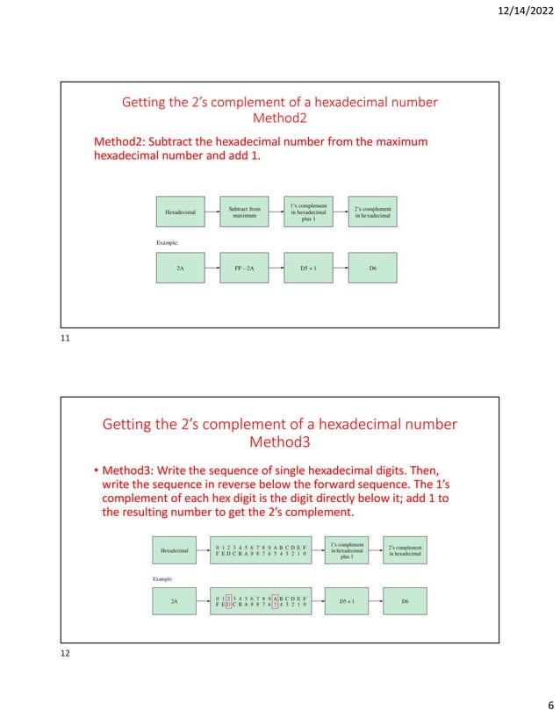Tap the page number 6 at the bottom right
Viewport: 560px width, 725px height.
[x=548, y=707]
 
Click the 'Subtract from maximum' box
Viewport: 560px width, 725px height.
[x=243, y=212]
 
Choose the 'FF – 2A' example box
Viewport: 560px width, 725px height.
[x=243, y=268]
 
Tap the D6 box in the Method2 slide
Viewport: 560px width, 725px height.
[x=372, y=268]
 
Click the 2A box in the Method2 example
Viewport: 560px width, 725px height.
[x=179, y=268]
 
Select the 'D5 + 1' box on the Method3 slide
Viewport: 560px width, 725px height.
[x=347, y=602]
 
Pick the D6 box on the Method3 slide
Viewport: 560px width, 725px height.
[x=404, y=602]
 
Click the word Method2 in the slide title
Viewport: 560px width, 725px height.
[x=279, y=118]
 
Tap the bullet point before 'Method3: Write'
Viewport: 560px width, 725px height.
[x=96, y=469]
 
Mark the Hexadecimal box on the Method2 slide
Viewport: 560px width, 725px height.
[x=179, y=212]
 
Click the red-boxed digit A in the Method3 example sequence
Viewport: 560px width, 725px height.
[x=276, y=598]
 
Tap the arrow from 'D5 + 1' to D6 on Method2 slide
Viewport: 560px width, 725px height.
[x=341, y=268]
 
